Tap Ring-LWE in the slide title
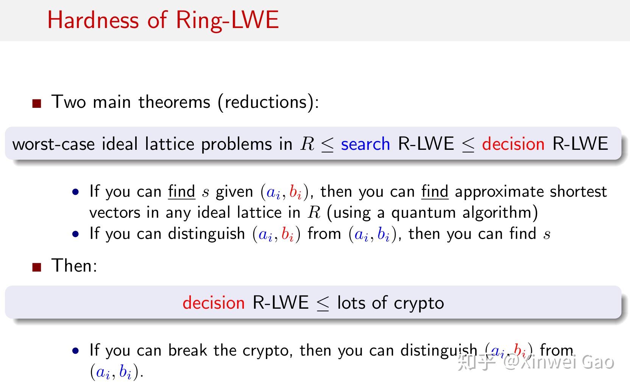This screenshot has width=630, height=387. point(227,20)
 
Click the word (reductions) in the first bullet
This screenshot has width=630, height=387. point(268,102)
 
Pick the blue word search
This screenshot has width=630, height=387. point(365,144)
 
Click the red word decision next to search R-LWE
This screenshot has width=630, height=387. point(513,144)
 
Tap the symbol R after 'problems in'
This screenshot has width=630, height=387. point(307,144)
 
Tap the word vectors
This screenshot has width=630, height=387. point(114,213)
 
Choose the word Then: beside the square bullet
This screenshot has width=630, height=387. point(74,266)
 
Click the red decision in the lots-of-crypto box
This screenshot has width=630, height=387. point(214,303)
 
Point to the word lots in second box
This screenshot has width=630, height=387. point(351,303)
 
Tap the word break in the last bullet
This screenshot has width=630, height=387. point(187,350)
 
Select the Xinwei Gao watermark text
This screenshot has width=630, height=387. point(567,362)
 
